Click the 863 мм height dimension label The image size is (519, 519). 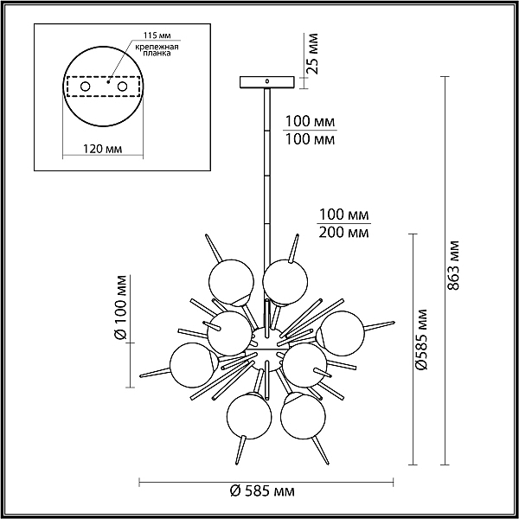pyautogui.click(x=453, y=266)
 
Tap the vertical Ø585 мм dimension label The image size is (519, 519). pyautogui.click(x=422, y=339)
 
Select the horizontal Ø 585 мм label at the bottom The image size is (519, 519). pyautogui.click(x=262, y=491)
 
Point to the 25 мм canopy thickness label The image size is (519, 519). pyautogui.click(x=311, y=54)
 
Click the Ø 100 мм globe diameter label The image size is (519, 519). pyautogui.click(x=120, y=307)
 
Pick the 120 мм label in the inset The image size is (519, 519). pyautogui.click(x=102, y=149)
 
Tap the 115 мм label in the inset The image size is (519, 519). pyautogui.click(x=157, y=35)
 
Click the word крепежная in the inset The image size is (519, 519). pyautogui.click(x=157, y=47)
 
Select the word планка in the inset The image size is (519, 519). pyautogui.click(x=157, y=54)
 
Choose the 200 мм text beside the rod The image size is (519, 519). pyautogui.click(x=343, y=233)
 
